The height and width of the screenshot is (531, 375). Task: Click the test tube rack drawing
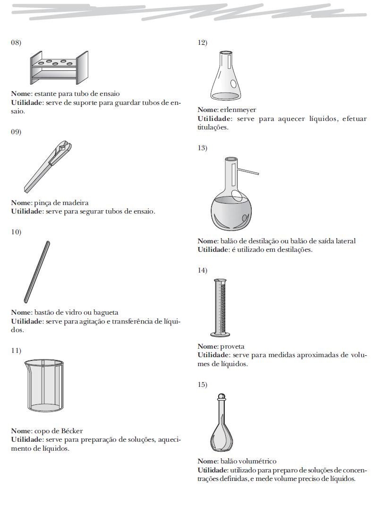click(59, 67)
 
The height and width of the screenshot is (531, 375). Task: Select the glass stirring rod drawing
click(37, 272)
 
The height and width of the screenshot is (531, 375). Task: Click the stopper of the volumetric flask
click(222, 396)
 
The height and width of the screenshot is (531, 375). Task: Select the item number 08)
click(16, 43)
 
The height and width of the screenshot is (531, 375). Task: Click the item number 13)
click(202, 148)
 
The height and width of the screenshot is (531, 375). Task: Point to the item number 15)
click(202, 385)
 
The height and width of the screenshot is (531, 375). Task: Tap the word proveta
click(232, 346)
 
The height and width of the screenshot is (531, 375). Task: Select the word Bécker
click(71, 431)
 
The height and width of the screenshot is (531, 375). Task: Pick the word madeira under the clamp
click(77, 203)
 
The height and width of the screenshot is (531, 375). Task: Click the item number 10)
click(16, 232)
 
